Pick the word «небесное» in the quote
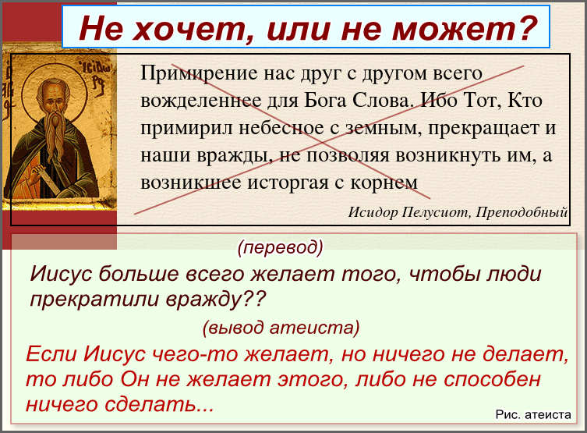pyautogui.click(x=281, y=128)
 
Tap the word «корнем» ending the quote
pyautogui.click(x=384, y=183)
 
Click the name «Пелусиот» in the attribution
pyautogui.click(x=435, y=212)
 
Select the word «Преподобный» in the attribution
pyautogui.click(x=522, y=212)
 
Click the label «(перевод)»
pyautogui.click(x=280, y=247)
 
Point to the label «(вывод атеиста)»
pyautogui.click(x=281, y=328)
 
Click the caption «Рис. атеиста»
pyautogui.click(x=533, y=414)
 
